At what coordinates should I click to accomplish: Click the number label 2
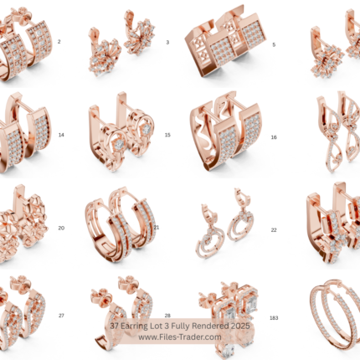coord(59,42)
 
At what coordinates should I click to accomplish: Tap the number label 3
coord(167,43)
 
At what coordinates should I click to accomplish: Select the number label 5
coord(274,44)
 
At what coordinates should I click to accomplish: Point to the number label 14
coord(61,135)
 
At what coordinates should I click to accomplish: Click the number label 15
coord(167,135)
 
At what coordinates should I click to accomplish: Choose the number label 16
coord(274,137)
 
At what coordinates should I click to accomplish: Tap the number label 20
coord(61,228)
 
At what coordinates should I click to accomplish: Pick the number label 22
coord(274,230)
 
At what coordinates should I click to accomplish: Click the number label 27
coord(61,316)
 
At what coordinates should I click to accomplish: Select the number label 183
coord(274,318)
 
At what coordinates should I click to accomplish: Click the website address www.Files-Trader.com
coord(180,337)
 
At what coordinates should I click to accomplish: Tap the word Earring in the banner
coord(131,327)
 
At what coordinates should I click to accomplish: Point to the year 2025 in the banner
coord(240,326)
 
